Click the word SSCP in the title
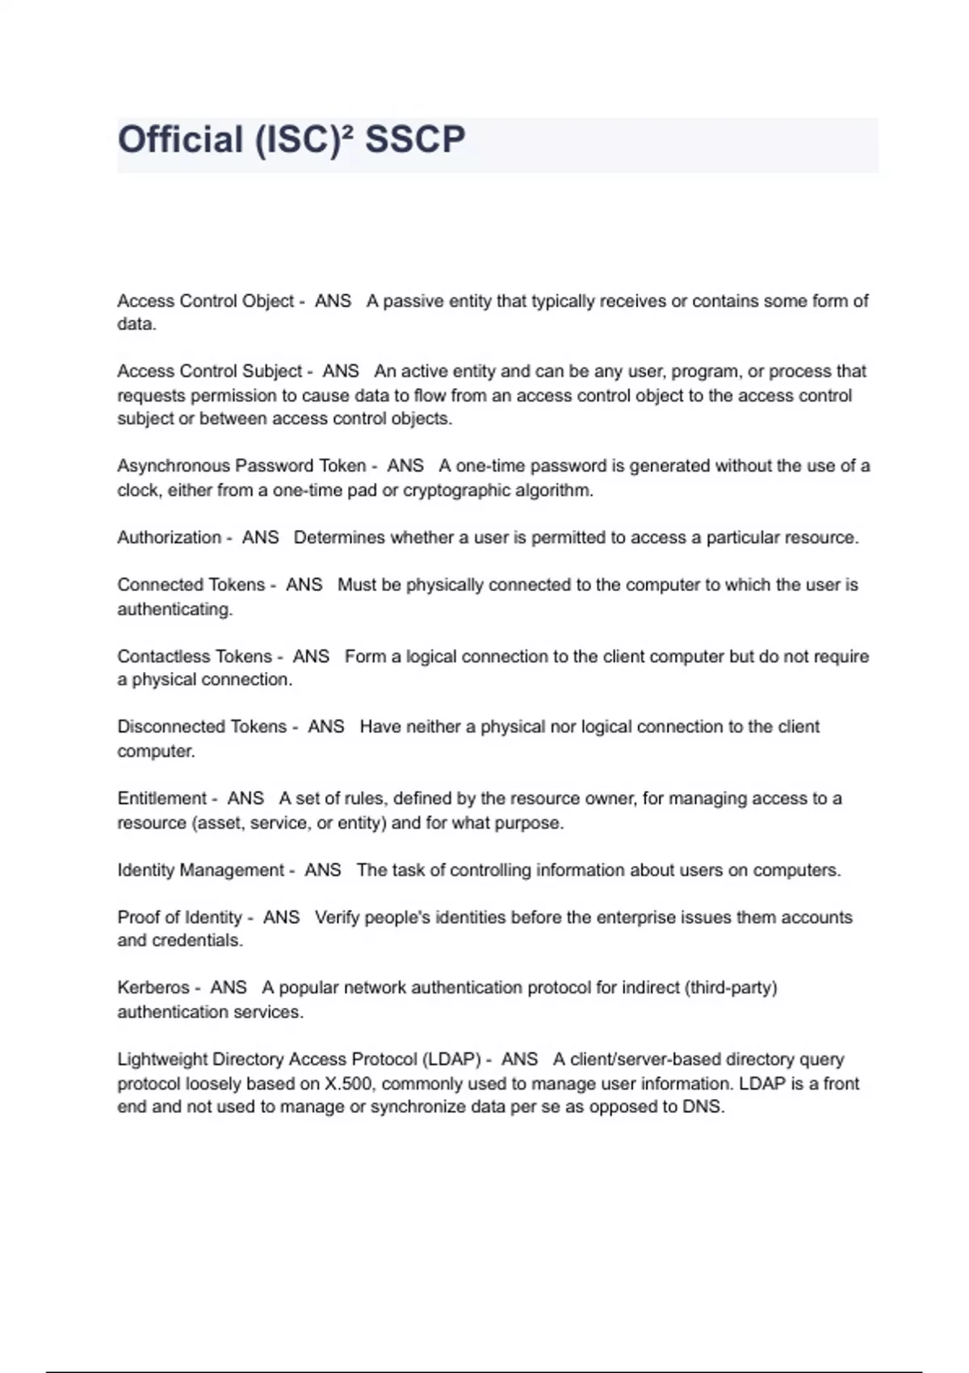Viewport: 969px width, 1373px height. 415,140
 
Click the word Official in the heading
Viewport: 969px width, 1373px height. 181,140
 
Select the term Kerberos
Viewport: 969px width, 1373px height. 153,988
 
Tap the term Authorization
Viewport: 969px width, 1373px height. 169,538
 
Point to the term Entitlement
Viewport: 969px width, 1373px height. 162,799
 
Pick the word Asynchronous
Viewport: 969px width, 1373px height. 174,466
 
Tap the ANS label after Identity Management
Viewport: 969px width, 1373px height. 323,871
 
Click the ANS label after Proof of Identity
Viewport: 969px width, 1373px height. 281,917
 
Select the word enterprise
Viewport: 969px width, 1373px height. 623,917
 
